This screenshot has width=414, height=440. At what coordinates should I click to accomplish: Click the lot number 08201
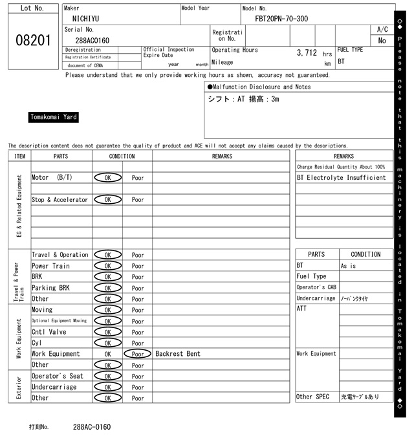coord(32,40)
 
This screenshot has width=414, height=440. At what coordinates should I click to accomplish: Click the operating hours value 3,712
coord(307,52)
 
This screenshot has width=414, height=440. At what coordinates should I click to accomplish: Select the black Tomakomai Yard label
coord(54,117)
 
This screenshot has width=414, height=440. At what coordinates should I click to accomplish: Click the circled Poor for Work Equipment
coord(138,354)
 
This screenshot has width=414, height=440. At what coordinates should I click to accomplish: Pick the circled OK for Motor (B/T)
coord(107,177)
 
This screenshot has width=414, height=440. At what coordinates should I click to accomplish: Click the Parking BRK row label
coord(51,288)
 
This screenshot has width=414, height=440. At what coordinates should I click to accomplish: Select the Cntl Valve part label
coord(49,332)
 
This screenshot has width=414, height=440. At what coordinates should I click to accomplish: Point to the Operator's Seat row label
coord(58,376)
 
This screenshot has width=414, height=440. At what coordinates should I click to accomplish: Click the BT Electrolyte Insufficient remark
coord(341,177)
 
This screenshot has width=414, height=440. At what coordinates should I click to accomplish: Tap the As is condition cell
coord(348,266)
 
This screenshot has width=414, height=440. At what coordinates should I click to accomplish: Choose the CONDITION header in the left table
coord(122,156)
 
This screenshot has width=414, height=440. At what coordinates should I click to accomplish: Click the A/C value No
coord(382,40)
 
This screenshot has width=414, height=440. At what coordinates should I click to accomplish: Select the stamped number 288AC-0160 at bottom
coord(92,427)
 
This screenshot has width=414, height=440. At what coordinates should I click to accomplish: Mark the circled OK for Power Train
coord(107,266)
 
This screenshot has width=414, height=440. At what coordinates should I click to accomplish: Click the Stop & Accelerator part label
coord(60,199)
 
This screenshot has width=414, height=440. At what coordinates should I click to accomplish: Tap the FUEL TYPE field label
coord(350,50)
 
